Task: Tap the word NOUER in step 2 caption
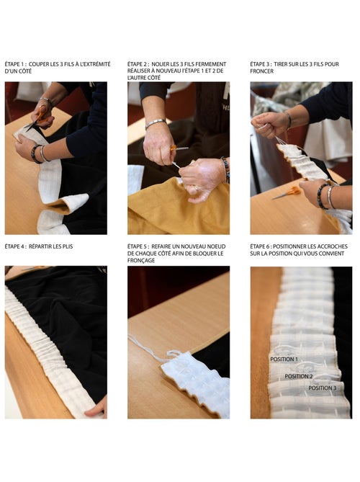tap(161, 64)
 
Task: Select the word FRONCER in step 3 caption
tap(261, 71)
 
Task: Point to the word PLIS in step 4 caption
tap(67, 246)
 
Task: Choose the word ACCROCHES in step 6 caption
tap(333, 246)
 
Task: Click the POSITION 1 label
tap(284, 359)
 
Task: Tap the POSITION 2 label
tap(299, 376)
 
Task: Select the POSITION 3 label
tap(323, 388)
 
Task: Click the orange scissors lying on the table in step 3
tap(287, 193)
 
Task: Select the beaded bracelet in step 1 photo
tap(35, 154)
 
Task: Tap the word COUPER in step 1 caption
tap(38, 64)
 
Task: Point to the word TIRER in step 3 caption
tap(281, 64)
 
